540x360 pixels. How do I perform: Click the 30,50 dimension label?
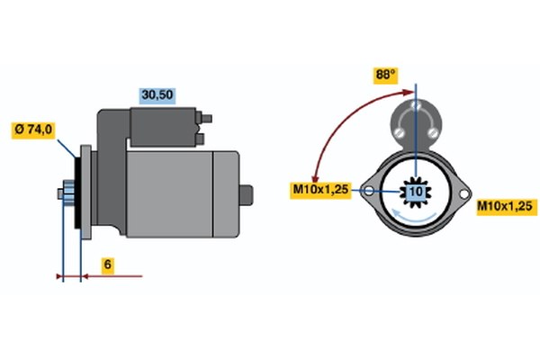pos(157,95)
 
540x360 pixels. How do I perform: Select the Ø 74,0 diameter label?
pos(33,130)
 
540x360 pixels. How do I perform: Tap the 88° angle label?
pos(386,76)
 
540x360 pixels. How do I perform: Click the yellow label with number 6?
pos(108,265)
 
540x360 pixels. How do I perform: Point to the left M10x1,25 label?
pos(320,190)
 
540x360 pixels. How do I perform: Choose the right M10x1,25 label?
pos(507,207)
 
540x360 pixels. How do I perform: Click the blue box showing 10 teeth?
pos(416,192)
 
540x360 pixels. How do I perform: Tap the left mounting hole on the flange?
pos(369,191)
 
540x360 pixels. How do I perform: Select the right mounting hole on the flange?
pos(463,194)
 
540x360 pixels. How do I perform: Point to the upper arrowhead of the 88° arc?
pos(409,92)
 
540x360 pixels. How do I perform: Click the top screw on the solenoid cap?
pos(417,104)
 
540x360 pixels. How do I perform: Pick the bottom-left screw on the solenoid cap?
pos(400,132)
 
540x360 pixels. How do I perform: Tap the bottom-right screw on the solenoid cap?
pos(433,132)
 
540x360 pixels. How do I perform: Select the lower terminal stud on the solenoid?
pos(200,139)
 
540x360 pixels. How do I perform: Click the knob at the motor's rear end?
pos(247,195)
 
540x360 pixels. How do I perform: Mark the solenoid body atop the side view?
pos(163,127)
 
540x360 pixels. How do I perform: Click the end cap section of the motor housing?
pos(226,194)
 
